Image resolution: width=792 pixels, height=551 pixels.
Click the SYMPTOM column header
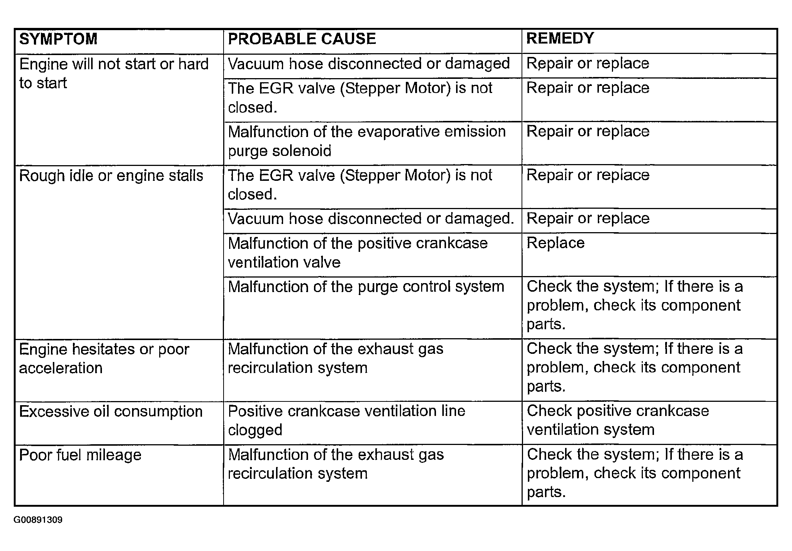tap(58, 39)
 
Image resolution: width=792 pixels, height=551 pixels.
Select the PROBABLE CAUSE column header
tap(302, 39)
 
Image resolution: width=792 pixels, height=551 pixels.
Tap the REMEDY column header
tap(560, 39)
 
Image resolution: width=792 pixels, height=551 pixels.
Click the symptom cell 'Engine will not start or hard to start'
tap(113, 73)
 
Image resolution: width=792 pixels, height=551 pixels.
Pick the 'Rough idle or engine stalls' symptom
tap(111, 176)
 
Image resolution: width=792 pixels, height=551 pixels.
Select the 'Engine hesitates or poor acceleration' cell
tap(104, 358)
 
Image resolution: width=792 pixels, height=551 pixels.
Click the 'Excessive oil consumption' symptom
tap(111, 411)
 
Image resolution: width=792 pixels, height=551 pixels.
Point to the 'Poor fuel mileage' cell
tap(80, 455)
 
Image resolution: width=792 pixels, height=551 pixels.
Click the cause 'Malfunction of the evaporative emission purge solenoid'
tap(366, 141)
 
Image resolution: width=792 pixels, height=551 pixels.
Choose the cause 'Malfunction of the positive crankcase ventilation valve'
tap(357, 253)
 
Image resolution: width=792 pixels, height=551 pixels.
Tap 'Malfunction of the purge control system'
tap(366, 287)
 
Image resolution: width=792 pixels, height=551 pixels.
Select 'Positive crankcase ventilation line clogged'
tap(346, 420)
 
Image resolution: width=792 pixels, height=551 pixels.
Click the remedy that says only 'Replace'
tap(555, 243)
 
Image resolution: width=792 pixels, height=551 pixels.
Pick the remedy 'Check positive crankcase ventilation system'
tap(618, 420)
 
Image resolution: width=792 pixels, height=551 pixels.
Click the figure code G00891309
tap(38, 520)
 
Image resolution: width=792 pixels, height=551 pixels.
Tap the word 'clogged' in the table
tap(255, 430)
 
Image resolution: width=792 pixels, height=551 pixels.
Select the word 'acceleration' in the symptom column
tap(61, 368)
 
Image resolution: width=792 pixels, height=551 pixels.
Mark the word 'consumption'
tap(158, 411)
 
